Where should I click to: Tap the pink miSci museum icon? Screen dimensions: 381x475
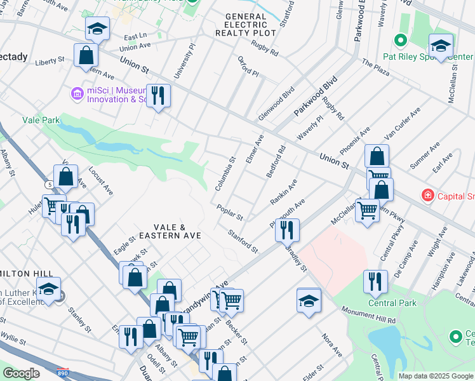78,94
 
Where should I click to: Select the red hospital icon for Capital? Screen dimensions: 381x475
429,196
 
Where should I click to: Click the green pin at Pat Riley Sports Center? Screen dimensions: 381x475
400,41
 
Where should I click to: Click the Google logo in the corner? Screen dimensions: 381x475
20,373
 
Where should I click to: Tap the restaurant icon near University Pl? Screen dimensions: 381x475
157,95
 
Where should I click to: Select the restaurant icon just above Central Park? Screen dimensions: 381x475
375,281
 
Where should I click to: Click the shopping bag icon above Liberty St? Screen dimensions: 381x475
85,55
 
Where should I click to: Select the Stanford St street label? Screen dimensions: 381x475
243,241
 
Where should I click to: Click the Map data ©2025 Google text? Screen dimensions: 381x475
435,376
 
